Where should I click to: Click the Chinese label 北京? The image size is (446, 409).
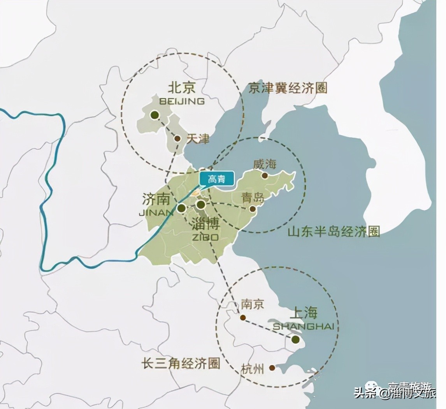tap(181, 87)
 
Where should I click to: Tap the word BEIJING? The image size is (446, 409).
tap(182, 101)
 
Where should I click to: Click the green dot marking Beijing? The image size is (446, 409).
tap(155, 115)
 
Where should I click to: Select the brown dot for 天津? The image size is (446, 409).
tap(177, 138)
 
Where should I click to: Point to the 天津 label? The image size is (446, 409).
tap(198, 139)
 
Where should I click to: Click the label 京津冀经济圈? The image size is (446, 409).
tap(288, 88)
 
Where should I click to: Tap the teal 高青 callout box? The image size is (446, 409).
tap(217, 179)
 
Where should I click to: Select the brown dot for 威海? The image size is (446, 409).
tap(265, 175)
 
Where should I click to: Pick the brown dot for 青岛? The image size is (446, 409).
tap(252, 209)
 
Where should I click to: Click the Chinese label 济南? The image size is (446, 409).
tap(156, 200)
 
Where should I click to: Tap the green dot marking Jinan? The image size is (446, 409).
tap(181, 208)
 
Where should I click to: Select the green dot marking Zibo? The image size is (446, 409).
tap(201, 204)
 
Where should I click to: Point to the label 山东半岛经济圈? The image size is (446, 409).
tap(334, 232)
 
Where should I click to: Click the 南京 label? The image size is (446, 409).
tap(252, 304)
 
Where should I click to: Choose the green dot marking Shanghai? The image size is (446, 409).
tap(295, 339)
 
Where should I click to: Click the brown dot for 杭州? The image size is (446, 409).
tap(272, 367)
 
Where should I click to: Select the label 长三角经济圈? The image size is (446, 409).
tap(181, 364)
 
